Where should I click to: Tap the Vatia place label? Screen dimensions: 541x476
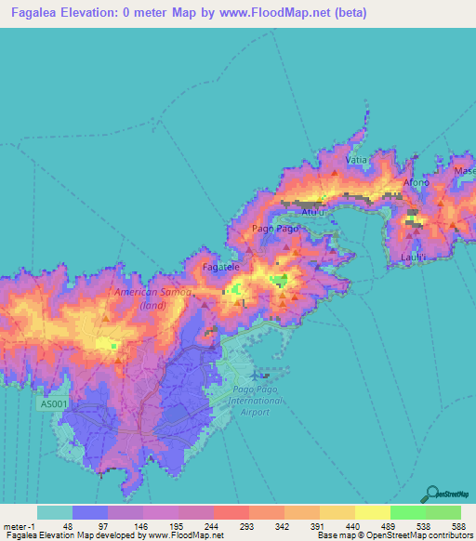point(357,160)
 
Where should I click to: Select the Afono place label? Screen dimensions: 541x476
point(415,182)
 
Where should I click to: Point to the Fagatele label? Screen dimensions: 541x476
point(221,266)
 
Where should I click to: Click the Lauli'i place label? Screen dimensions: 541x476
point(413,256)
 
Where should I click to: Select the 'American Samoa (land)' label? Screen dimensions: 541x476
point(152,297)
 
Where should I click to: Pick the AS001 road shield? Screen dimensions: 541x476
point(53,404)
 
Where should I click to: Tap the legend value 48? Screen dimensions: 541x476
point(68,526)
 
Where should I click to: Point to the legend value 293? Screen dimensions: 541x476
point(247,526)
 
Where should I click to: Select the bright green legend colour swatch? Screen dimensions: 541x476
point(407,512)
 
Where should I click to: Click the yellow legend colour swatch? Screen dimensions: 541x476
point(372,512)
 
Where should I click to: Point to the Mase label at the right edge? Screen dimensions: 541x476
point(464,171)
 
